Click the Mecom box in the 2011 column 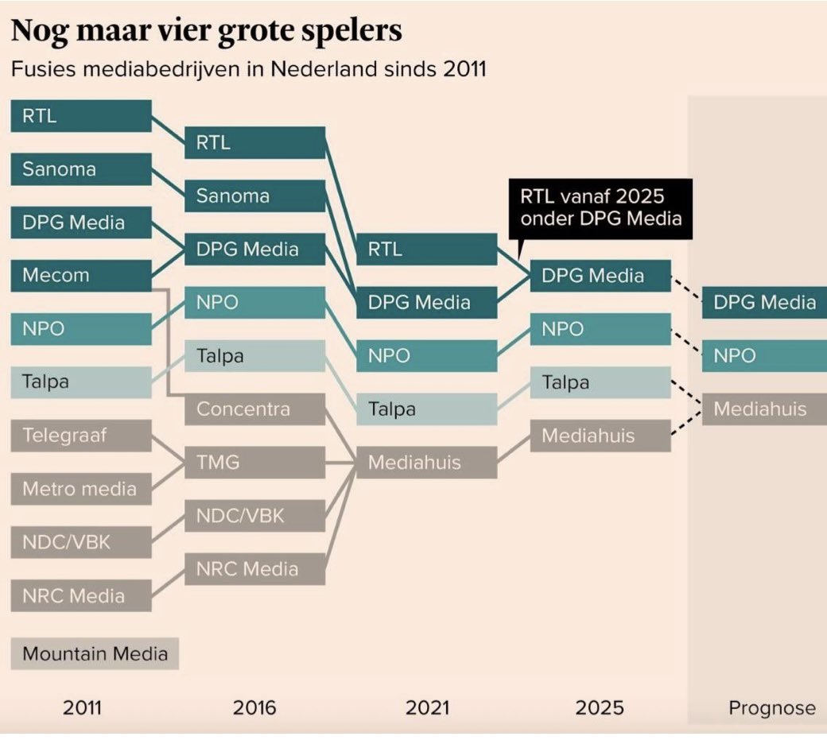(x=81, y=276)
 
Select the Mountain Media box (x=95, y=654)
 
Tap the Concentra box (x=255, y=409)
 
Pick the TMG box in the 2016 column (x=255, y=462)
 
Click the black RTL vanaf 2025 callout (x=600, y=208)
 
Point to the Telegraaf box (x=81, y=436)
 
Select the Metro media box (x=81, y=489)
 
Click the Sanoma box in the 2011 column (x=81, y=169)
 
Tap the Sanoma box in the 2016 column (x=255, y=196)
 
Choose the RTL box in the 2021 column (x=426, y=250)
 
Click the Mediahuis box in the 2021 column (x=426, y=462)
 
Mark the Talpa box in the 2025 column (x=600, y=382)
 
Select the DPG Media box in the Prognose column (x=764, y=302)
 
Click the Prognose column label (x=771, y=708)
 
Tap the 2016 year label (x=254, y=707)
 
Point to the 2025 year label (x=600, y=707)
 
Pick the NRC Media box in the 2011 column (x=81, y=595)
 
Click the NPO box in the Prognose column (x=764, y=356)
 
